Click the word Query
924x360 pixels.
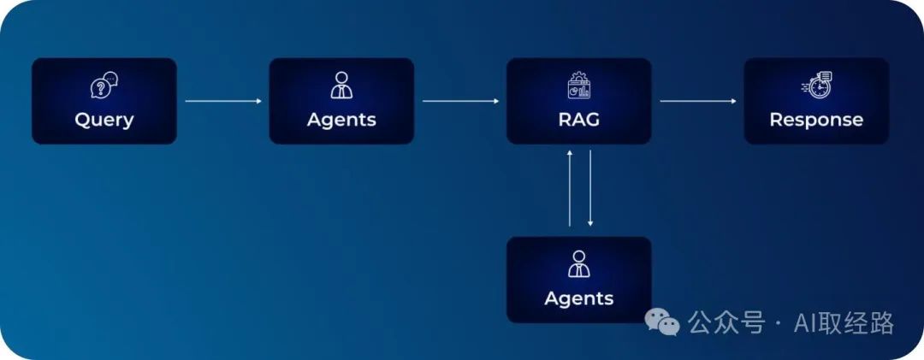[x=104, y=120]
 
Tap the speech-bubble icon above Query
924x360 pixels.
[x=104, y=86]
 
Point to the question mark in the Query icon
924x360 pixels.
[x=101, y=88]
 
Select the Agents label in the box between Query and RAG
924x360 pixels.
[x=341, y=120]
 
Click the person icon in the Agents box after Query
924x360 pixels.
[x=341, y=86]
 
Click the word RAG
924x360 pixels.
[x=578, y=120]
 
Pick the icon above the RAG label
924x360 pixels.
[x=578, y=86]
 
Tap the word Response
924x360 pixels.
[x=815, y=120]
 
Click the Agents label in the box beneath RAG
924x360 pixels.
[x=578, y=298]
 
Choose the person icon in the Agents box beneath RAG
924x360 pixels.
[x=578, y=264]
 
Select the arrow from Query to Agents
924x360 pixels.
[x=223, y=101]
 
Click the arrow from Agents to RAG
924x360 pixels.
[x=460, y=101]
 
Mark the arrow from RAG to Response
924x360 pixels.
[x=697, y=101]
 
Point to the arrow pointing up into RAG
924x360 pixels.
[x=570, y=188]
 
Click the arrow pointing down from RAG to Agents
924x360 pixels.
[x=589, y=188]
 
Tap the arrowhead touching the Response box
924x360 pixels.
[x=732, y=101]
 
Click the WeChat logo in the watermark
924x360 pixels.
[x=662, y=322]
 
